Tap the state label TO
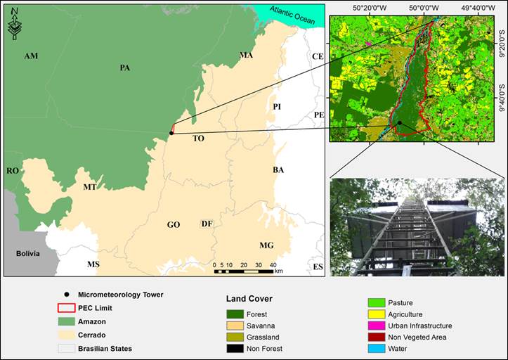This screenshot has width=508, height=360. [x=198, y=139]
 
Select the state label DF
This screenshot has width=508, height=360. [x=207, y=224]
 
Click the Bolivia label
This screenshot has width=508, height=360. [x=27, y=253]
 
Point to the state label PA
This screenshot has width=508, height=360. [x=125, y=68]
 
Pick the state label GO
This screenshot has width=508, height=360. [x=174, y=225]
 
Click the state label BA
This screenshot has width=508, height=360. [x=278, y=170]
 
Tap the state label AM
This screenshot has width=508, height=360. [x=31, y=56]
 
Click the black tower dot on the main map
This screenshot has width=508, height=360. [x=171, y=133]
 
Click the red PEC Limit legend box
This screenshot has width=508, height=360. [x=67, y=308]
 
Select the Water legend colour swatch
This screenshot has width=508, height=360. [x=377, y=348]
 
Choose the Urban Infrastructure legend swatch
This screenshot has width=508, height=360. [x=377, y=326]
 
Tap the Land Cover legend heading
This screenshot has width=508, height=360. [x=249, y=299]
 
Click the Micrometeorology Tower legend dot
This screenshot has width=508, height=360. [x=67, y=295]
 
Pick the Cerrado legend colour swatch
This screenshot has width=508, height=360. [x=67, y=335]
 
